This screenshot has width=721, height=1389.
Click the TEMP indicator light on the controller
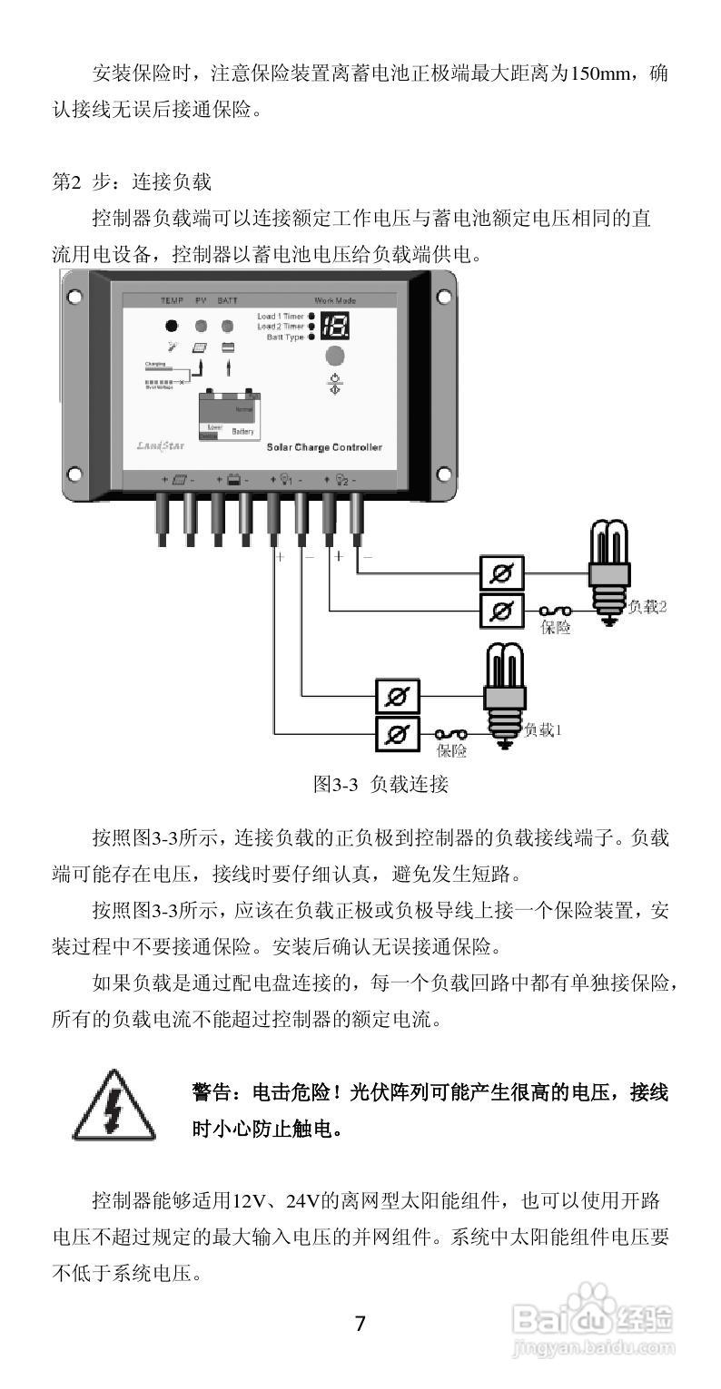click(171, 327)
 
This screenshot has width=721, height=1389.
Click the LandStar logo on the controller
click(157, 446)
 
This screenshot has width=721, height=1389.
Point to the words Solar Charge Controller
click(323, 447)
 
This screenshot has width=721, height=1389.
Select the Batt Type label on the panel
click(285, 337)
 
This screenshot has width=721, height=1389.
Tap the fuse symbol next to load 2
click(554, 611)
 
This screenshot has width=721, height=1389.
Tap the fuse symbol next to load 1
click(450, 734)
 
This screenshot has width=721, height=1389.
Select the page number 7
click(360, 1324)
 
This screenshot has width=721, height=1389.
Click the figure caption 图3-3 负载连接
click(380, 784)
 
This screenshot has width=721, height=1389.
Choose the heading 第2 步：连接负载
click(132, 181)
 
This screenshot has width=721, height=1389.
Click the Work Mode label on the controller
click(335, 300)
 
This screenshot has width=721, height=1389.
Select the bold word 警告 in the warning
click(212, 1091)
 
